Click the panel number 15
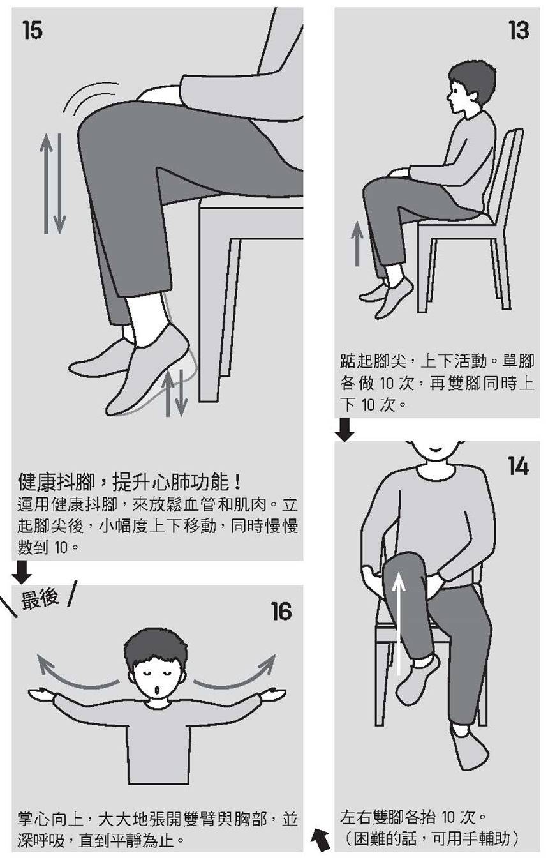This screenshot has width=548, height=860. click(33, 30)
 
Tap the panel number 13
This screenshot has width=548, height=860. click(518, 30)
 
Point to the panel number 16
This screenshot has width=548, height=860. click(281, 612)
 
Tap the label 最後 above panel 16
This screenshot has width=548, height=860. click(40, 598)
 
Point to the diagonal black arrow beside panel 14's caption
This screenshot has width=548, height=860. click(321, 840)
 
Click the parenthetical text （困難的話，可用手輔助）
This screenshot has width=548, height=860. click(429, 838)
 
